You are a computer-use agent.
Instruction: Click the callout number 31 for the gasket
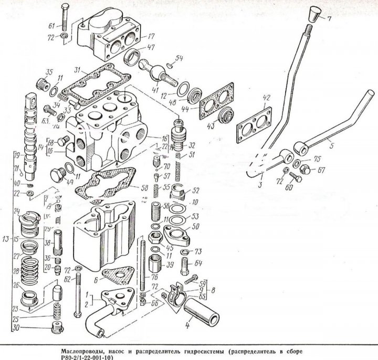(77, 70)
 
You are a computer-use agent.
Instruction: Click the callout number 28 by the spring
(15, 272)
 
